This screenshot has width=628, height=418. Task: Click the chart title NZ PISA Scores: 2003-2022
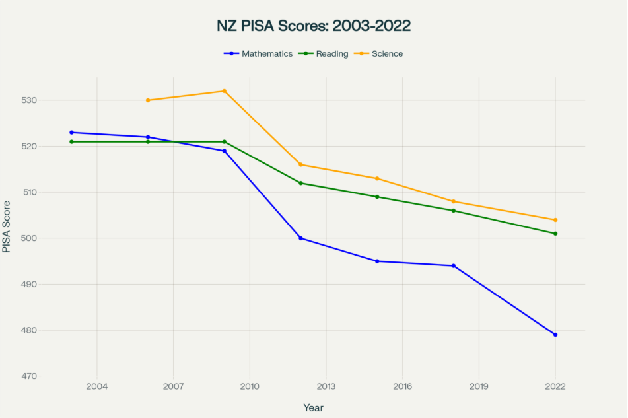[x=314, y=26]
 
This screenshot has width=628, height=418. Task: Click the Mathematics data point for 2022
[x=555, y=335]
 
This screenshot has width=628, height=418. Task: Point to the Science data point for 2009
[x=225, y=91]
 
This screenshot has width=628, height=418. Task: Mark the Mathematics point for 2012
[x=301, y=238]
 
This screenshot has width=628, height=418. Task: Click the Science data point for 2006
[x=148, y=100]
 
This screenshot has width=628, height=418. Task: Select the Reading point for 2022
[x=555, y=234]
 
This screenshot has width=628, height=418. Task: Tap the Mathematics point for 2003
[x=72, y=133]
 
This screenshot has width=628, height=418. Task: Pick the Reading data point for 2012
[x=301, y=183]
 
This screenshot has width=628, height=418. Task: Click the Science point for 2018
[x=454, y=201]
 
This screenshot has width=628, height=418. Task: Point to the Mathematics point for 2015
[x=377, y=261]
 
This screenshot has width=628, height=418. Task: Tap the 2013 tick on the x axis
[x=326, y=386]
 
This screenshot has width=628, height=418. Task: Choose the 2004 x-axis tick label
[x=97, y=386]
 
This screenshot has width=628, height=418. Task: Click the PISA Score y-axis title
[x=7, y=226]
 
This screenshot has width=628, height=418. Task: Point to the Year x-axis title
[x=314, y=408]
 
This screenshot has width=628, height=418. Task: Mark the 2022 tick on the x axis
[x=555, y=386]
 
